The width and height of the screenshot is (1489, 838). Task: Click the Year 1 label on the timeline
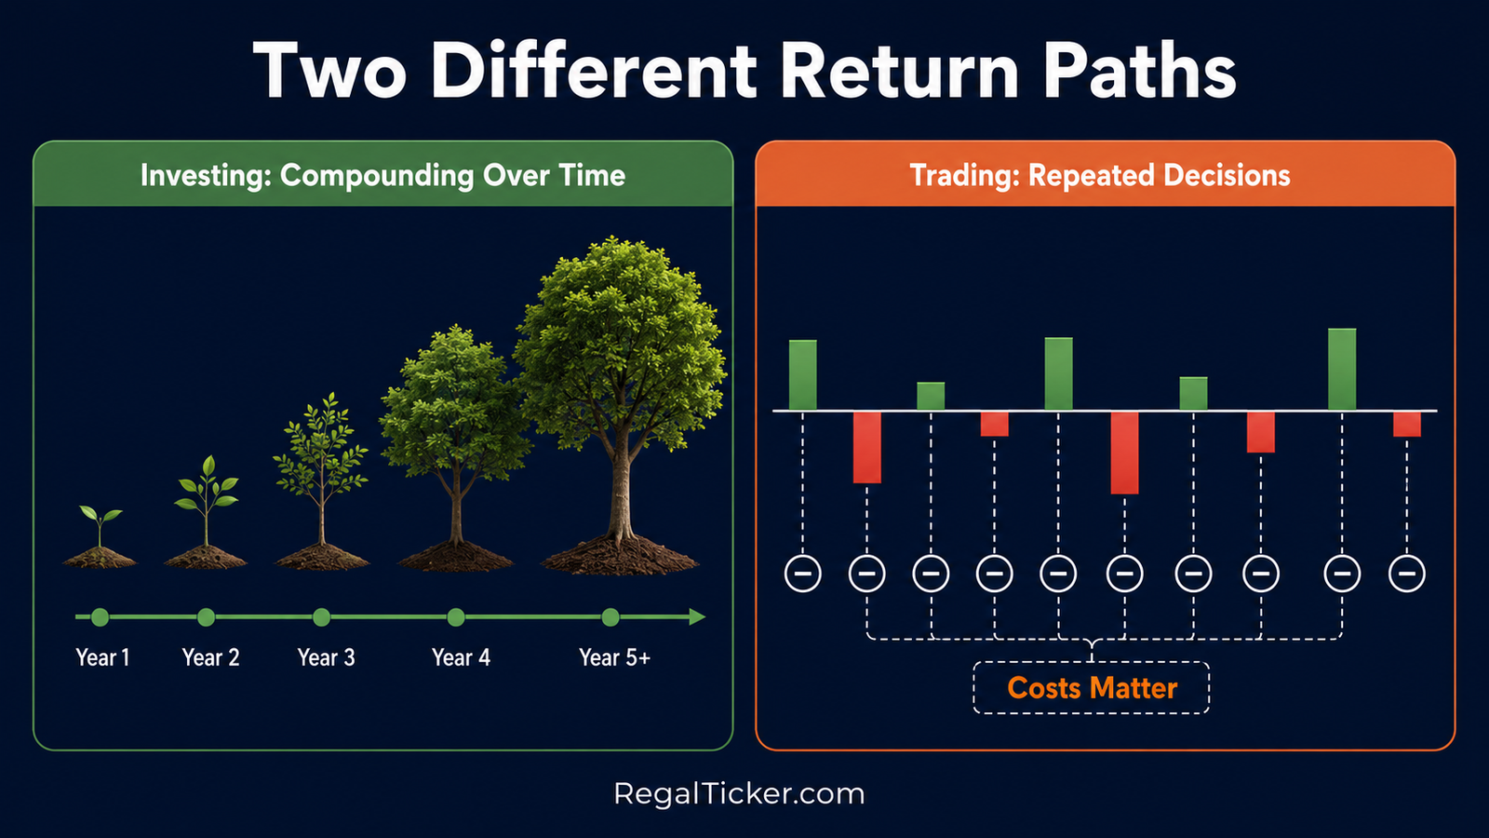(x=102, y=657)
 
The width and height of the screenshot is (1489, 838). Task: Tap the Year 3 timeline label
(x=326, y=657)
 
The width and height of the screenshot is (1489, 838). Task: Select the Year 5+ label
(x=614, y=657)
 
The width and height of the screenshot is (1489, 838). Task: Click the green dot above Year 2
(x=206, y=617)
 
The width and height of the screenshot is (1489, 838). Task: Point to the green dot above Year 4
(x=456, y=617)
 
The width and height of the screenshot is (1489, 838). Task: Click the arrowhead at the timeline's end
(x=697, y=617)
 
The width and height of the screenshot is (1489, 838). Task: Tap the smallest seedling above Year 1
(x=100, y=525)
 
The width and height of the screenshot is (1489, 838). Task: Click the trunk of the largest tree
(x=621, y=493)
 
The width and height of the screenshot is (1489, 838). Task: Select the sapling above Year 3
(x=321, y=466)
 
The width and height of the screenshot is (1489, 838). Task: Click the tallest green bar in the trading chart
(x=1341, y=369)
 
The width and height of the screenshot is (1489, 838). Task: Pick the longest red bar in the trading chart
(x=1124, y=453)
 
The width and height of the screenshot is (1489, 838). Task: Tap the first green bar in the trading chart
(x=802, y=375)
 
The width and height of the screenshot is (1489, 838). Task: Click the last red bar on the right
(x=1406, y=425)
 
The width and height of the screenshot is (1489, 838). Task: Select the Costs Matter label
(x=1092, y=688)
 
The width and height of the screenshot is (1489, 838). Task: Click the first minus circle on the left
(x=802, y=573)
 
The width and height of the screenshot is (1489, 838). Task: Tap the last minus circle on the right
(x=1406, y=573)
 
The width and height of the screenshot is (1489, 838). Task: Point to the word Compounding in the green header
(x=377, y=176)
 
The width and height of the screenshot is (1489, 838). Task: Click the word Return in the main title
(x=899, y=70)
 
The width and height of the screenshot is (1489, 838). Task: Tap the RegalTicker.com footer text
(x=739, y=793)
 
